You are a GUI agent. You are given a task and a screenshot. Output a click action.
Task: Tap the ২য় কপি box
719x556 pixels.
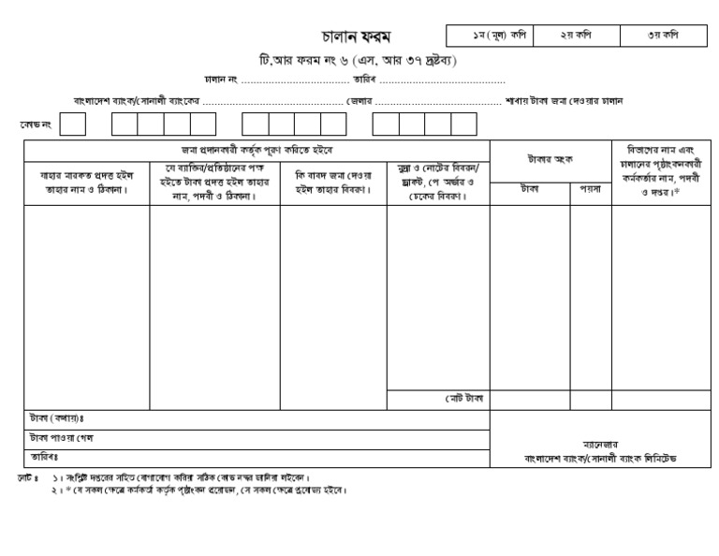click(x=577, y=35)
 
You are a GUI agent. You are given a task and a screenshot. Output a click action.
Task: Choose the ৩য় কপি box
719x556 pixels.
click(x=663, y=35)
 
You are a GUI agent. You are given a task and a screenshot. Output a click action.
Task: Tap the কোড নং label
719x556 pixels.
click(x=37, y=124)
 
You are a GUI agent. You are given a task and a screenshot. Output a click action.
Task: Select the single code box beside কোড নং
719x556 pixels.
click(x=73, y=124)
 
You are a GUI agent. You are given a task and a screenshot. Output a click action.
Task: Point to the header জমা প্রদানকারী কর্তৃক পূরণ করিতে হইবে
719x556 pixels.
click(x=257, y=150)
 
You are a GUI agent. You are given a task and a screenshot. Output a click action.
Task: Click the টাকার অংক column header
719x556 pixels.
click(x=550, y=160)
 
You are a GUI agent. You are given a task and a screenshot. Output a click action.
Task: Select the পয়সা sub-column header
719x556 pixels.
click(x=590, y=189)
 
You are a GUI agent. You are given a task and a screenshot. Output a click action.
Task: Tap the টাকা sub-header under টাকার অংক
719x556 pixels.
click(x=530, y=189)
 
